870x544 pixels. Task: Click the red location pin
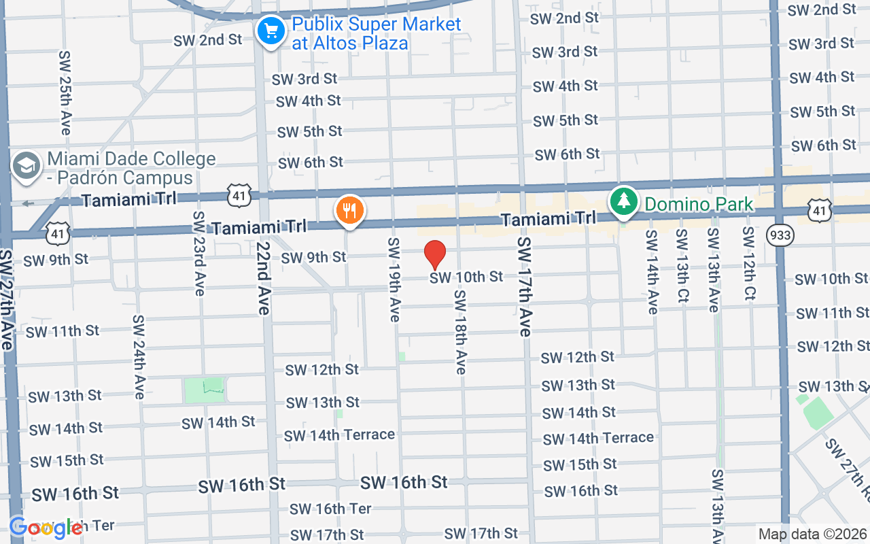435,255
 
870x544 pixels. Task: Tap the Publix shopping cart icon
271,31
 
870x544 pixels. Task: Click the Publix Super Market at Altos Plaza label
376,33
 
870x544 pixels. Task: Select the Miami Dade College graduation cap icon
27,165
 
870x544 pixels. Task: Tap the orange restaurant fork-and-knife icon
350,210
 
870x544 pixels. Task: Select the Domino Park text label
699,204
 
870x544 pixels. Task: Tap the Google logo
46,528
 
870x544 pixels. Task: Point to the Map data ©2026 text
813,534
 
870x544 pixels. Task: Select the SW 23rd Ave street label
198,253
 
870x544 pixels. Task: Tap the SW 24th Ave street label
139,356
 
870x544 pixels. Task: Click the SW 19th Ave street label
394,279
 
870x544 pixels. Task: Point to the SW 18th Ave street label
460,332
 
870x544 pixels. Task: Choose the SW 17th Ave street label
524,286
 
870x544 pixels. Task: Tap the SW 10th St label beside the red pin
466,277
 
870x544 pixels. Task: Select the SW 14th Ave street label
651,272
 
